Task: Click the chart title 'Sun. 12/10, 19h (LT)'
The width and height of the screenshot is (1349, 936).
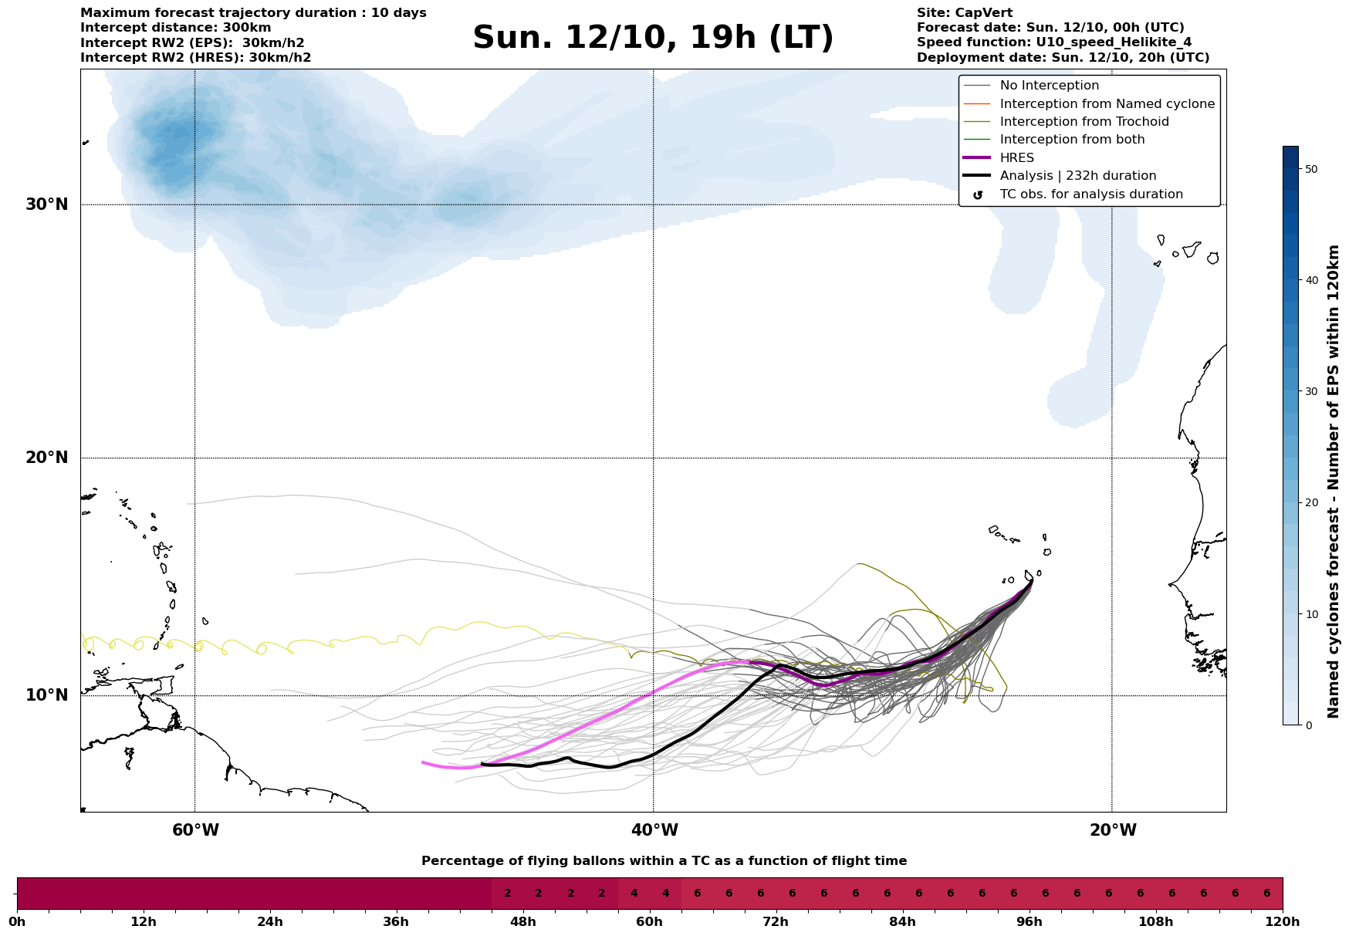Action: tap(653, 38)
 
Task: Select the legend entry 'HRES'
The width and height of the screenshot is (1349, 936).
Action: tap(1016, 158)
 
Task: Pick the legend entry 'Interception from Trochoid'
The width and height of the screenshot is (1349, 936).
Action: tap(1084, 122)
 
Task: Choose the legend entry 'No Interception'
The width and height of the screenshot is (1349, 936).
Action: tap(1049, 86)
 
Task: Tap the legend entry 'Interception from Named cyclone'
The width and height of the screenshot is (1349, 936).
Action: tap(1107, 104)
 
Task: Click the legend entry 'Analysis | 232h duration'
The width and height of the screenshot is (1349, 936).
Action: tap(1077, 176)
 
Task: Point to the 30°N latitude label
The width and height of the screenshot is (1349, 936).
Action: tap(47, 204)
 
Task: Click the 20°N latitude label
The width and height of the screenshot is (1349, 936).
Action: tap(47, 458)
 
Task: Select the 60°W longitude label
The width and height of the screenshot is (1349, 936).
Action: tap(195, 830)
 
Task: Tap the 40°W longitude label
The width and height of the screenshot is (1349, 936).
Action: tap(654, 830)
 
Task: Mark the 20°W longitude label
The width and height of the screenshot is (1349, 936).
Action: tap(1113, 830)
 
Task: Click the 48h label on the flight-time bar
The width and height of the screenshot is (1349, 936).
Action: tap(523, 922)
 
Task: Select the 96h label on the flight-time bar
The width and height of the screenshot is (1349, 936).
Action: tap(1029, 922)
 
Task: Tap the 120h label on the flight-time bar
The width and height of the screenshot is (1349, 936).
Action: tap(1283, 922)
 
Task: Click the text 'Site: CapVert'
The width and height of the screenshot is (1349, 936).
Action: tap(965, 13)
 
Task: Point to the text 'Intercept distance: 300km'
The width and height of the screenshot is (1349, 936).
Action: tap(176, 28)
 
